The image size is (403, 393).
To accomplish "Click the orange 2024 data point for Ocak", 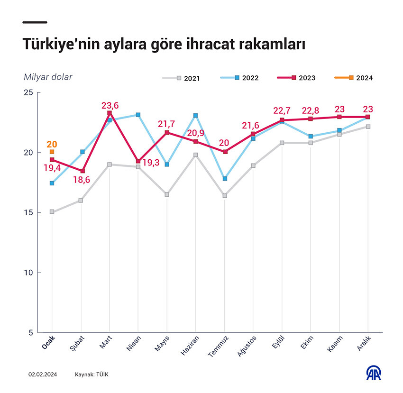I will point(52,152).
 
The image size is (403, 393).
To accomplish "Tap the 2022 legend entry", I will point(240,78).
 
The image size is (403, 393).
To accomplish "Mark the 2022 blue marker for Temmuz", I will point(225,179).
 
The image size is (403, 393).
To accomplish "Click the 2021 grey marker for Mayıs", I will point(167,194).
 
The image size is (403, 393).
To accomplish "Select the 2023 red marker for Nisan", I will point(138,161).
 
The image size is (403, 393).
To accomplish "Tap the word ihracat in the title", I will point(209,45).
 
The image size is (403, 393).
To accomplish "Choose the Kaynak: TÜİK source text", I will point(92,375).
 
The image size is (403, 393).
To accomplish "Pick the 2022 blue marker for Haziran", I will point(195,115).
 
